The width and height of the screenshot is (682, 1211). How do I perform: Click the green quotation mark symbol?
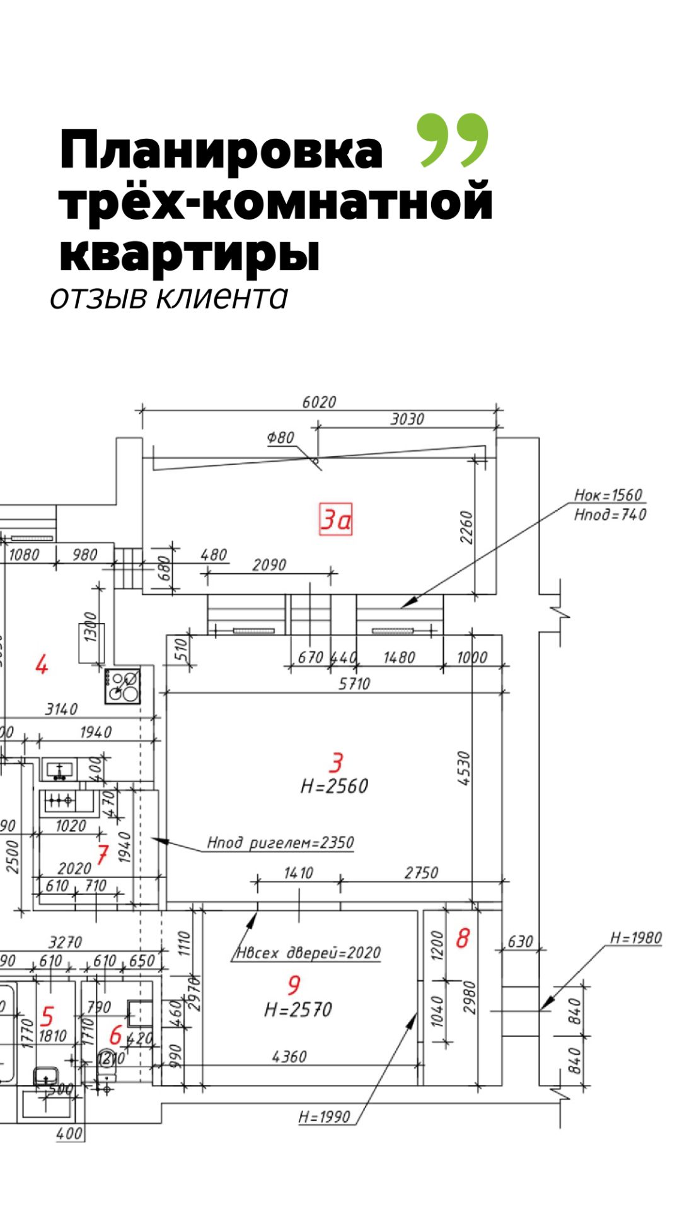pos(453,140)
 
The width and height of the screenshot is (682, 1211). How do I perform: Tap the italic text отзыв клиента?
pos(169,297)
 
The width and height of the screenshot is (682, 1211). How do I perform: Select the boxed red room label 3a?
pos(335,520)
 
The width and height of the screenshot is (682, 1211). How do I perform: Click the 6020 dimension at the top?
pos(319,402)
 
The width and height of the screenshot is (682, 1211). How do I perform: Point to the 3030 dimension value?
pos(407,419)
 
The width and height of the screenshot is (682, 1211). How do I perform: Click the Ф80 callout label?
pos(280,437)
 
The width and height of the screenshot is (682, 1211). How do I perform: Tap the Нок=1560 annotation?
pos(608,495)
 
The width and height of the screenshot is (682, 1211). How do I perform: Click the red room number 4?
pos(42,665)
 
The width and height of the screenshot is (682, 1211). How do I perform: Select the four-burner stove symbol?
pos(123,686)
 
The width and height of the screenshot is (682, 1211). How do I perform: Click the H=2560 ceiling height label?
pos(334,786)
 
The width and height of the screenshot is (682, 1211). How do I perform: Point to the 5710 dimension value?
pos(354,684)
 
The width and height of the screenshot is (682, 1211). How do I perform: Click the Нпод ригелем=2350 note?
pos(280,843)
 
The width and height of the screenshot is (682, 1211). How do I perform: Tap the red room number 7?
pos(102,855)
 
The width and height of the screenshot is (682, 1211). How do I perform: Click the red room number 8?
pos(463,939)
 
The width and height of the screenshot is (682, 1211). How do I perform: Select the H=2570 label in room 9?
pos(298,1010)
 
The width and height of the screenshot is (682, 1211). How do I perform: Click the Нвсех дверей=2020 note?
pos(309,952)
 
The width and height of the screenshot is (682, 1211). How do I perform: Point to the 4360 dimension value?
pos(289,1056)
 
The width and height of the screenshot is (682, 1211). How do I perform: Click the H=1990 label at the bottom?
pos(324,1117)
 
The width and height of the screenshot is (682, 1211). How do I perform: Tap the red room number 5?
pos(47,1016)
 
